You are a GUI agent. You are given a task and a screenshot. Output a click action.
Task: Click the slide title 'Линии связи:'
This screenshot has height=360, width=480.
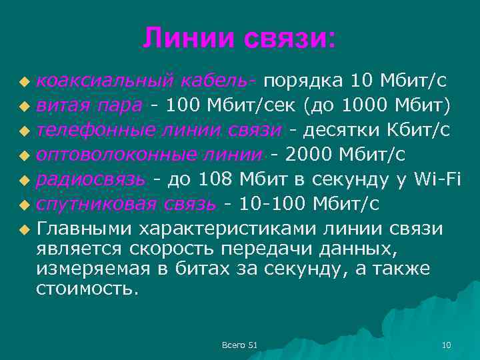(x=239, y=39)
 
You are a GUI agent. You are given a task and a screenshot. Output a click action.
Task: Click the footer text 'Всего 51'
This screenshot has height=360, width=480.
(x=240, y=345)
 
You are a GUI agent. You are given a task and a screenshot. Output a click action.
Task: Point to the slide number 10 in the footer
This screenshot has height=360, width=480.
(x=447, y=345)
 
